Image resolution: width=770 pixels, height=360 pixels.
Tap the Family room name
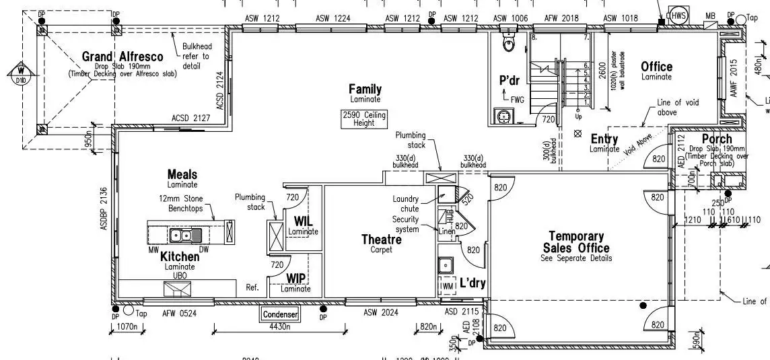[x=365, y=89]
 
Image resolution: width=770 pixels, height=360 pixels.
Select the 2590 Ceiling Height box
[x=364, y=119]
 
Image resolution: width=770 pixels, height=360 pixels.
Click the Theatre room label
[x=381, y=239]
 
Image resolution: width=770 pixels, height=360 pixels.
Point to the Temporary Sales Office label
[x=575, y=242]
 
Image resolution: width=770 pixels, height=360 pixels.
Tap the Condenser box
[x=280, y=314]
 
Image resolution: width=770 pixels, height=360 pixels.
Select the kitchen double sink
[x=184, y=235]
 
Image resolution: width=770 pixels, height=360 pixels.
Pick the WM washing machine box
[x=448, y=286]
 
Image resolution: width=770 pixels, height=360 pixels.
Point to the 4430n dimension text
[x=279, y=327]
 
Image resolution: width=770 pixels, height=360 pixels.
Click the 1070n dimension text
[x=127, y=327]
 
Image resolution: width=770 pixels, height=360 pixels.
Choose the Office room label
[x=656, y=67]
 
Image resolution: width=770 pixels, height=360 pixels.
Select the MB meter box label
[x=710, y=16]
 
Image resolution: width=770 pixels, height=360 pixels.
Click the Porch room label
[x=717, y=139]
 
